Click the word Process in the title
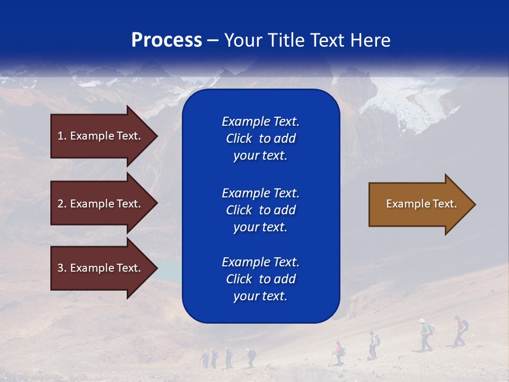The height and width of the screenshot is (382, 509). pos(166,40)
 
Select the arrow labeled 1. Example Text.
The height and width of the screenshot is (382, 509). pos(101,136)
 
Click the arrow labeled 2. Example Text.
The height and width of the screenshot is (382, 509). pos(101,204)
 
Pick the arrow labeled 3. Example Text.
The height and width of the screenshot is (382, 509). pos(101,268)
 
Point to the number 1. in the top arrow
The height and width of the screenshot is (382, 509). pos(62,136)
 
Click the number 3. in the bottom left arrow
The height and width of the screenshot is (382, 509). pos(62,268)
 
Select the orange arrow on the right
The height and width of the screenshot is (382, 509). pos(419,204)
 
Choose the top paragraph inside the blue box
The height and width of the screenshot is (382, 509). pos(260,138)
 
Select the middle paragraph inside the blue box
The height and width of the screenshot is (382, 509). pos(260,210)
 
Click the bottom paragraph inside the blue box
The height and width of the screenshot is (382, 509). pos(260,279)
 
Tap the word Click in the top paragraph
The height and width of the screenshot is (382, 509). pos(239,138)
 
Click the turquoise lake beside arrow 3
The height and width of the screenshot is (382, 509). pos(169,271)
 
